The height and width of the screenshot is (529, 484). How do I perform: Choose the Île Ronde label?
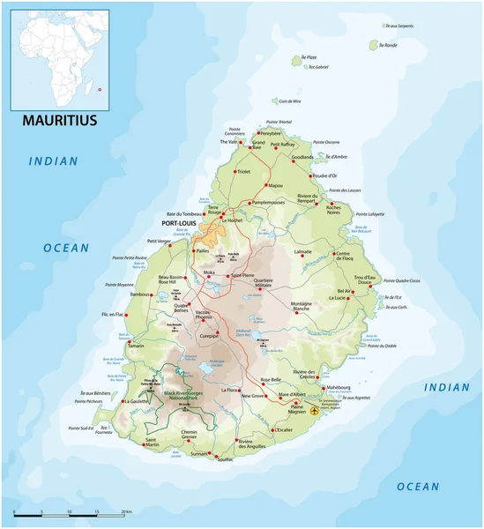pos(388,45)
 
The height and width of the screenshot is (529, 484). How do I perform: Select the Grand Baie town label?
pos(258,145)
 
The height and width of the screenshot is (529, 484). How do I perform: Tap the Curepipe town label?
pos(208,336)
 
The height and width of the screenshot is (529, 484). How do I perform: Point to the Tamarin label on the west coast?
pos(136,346)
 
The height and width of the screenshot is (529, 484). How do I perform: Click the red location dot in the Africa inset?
pos(101,89)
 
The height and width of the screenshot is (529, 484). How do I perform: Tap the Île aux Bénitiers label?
pos(95,392)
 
